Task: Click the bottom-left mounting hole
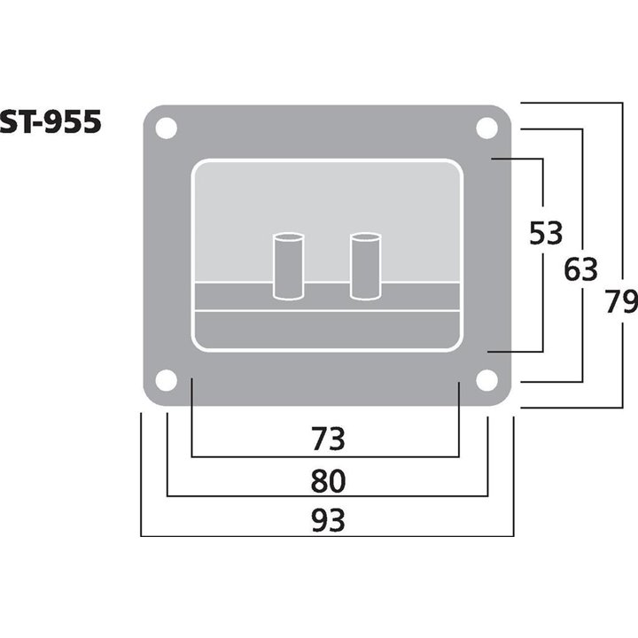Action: pyautogui.click(x=166, y=380)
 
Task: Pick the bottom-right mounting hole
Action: pyautogui.click(x=486, y=380)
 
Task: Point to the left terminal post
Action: pyautogui.click(x=287, y=266)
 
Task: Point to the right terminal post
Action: pyautogui.click(x=364, y=266)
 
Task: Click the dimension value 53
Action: pyautogui.click(x=546, y=234)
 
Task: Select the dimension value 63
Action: pyautogui.click(x=580, y=269)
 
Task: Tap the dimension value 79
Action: pyautogui.click(x=620, y=302)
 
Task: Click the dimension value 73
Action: pyautogui.click(x=327, y=439)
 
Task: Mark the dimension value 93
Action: pyautogui.click(x=327, y=520)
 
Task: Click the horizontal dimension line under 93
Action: pyautogui.click(x=327, y=536)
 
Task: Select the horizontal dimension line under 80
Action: pyautogui.click(x=327, y=496)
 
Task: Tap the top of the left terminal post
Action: pyautogui.click(x=287, y=237)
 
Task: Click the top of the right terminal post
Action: pyautogui.click(x=364, y=237)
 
